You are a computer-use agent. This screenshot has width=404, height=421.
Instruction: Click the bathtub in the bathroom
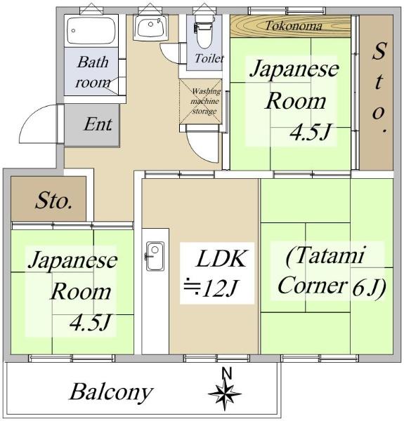pyautogui.click(x=91, y=30)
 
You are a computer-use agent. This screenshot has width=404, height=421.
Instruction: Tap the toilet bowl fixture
pyautogui.click(x=204, y=32)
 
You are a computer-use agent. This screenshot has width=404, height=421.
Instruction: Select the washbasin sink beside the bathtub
pyautogui.click(x=150, y=27)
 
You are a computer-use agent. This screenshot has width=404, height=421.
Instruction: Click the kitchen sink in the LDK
pyautogui.click(x=155, y=256)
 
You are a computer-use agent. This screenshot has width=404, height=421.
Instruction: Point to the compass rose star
pyautogui.click(x=225, y=394)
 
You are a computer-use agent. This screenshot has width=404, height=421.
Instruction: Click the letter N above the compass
pyautogui.click(x=227, y=373)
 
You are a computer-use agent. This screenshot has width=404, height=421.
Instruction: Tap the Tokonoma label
pyautogui.click(x=294, y=26)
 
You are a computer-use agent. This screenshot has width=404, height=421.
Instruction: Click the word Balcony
pyautogui.click(x=111, y=392)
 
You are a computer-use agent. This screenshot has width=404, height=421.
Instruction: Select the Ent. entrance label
pyautogui.click(x=98, y=124)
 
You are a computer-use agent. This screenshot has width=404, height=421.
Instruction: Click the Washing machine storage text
pyautogui.click(x=206, y=101)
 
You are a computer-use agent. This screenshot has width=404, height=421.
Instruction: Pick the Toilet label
pyautogui.click(x=209, y=58)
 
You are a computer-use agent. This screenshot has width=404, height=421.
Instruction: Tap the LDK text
pyautogui.click(x=221, y=259)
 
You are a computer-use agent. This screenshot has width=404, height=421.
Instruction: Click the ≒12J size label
pyautogui.click(x=210, y=288)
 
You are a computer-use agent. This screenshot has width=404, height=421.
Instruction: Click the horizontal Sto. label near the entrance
pyautogui.click(x=54, y=201)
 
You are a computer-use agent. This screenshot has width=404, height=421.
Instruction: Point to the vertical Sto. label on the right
pyautogui.click(x=379, y=88)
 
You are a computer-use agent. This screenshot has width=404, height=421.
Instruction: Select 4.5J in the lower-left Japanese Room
pyautogui.click(x=90, y=322)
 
